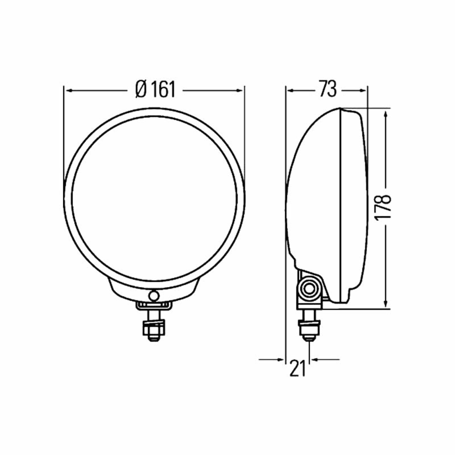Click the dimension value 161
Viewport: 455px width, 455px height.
[163, 89]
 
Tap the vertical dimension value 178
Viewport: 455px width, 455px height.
[383, 208]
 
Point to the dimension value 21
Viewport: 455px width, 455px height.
[298, 368]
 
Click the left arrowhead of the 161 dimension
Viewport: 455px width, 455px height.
[69, 91]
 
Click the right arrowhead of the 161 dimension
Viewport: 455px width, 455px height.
[239, 91]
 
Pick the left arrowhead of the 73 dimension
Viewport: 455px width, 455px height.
[291, 91]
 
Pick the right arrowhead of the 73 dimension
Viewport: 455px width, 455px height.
[362, 91]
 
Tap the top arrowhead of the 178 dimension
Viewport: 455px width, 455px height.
[386, 115]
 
